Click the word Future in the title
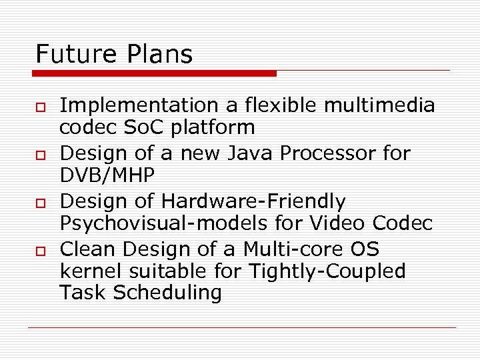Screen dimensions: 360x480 pyautogui.click(x=72, y=54)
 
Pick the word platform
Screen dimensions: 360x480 pyautogui.click(x=217, y=127)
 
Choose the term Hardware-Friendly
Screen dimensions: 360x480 pyautogui.click(x=253, y=201)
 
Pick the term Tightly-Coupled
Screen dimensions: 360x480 pyautogui.click(x=327, y=271)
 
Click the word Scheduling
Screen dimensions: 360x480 pyautogui.click(x=168, y=293)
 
